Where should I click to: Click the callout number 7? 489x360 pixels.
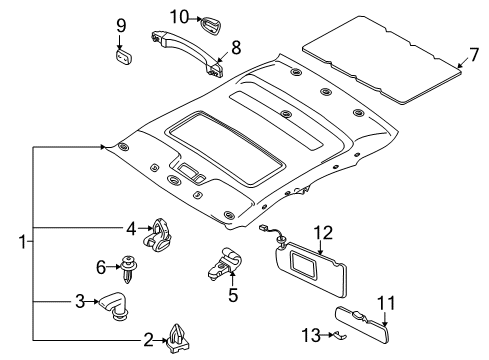coord(473,54)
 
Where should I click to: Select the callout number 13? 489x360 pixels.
coord(311,335)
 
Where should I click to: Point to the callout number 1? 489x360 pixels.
coord(22,242)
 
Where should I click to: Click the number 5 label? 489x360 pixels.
coord(233,295)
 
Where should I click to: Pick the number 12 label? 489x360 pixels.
coord(323,233)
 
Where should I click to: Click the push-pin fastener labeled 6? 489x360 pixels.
coord(128,269)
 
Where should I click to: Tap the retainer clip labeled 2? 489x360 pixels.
coord(177,339)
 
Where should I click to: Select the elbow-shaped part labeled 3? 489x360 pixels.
coord(114,305)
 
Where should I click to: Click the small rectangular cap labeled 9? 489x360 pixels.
coord(123,56)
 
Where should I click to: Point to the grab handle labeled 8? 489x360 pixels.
coord(188,53)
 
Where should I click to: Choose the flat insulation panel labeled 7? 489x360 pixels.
coord(382,60)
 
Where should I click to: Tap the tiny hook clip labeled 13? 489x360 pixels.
coord(340,335)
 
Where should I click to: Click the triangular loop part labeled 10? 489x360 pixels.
coord(211,24)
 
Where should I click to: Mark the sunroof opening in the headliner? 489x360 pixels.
coord(226,148)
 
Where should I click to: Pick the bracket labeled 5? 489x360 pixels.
coord(224,263)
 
